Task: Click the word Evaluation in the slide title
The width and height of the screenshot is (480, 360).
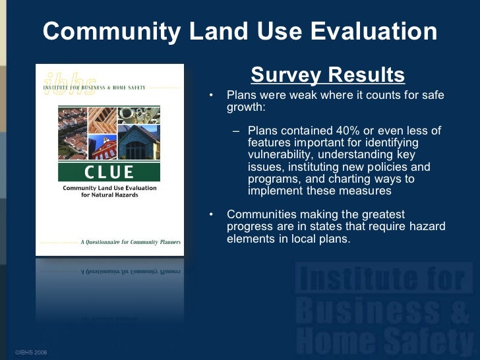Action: [365, 31]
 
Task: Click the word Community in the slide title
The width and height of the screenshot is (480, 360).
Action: [107, 31]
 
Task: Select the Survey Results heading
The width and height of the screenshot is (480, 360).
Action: [328, 75]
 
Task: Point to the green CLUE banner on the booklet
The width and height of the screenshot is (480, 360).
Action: [109, 172]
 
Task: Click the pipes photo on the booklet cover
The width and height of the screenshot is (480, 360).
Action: [138, 115]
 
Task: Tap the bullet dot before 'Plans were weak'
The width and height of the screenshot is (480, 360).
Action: [211, 96]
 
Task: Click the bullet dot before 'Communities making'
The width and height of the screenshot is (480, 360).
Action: [211, 215]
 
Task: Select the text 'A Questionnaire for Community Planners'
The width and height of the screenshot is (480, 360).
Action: [130, 243]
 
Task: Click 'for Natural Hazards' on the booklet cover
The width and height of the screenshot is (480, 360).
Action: [109, 196]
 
